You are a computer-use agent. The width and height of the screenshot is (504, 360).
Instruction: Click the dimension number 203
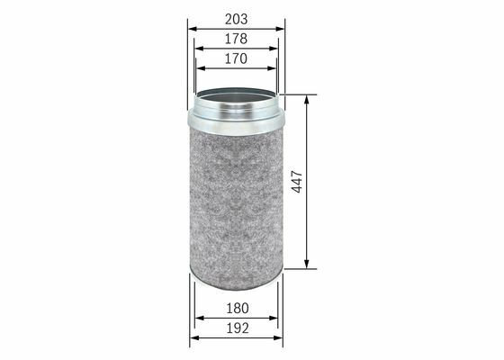coord(236,19)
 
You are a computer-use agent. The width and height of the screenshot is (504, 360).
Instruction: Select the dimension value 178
coord(236,39)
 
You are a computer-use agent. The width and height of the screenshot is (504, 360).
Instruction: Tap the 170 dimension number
coord(236,58)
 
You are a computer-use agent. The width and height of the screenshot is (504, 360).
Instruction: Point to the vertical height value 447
coord(297,182)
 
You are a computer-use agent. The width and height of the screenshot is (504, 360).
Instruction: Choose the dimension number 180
coord(238,308)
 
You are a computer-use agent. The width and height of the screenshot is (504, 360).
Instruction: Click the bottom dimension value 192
coord(238,328)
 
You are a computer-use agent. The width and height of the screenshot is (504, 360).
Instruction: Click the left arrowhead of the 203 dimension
coord(193,29)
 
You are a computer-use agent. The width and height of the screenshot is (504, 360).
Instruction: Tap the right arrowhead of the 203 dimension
coord(280,29)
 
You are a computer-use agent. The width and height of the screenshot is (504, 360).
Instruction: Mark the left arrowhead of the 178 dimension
coord(199,49)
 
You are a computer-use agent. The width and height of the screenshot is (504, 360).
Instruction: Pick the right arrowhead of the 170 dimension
coord(272,68)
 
